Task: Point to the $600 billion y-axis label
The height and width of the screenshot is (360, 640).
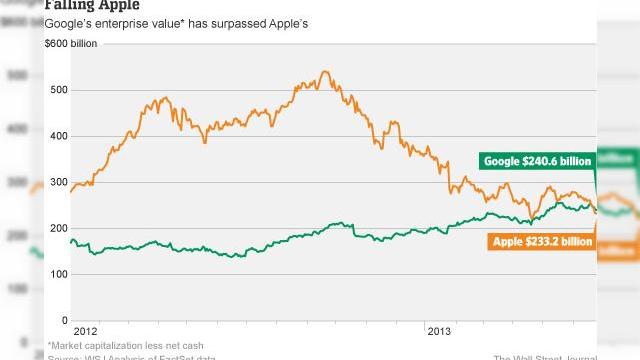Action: click(x=70, y=43)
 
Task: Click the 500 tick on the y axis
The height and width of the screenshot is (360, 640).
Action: click(x=57, y=90)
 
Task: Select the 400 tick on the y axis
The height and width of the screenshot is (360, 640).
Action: click(x=57, y=136)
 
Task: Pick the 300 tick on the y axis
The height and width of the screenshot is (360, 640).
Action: click(x=57, y=182)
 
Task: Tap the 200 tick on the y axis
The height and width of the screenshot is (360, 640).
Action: click(x=57, y=228)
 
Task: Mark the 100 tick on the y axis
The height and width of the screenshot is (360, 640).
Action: click(x=57, y=274)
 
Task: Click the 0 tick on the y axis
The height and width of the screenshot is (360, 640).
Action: click(x=64, y=320)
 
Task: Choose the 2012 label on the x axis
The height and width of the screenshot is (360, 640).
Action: click(x=87, y=329)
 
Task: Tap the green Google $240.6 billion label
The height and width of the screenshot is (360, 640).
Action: click(x=538, y=160)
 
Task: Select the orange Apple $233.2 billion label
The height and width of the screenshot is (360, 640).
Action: click(x=542, y=241)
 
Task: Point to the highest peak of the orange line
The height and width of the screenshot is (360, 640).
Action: click(x=325, y=72)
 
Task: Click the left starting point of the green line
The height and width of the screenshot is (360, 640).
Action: click(x=71, y=239)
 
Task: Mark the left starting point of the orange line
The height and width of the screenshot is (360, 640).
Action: click(x=71, y=189)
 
